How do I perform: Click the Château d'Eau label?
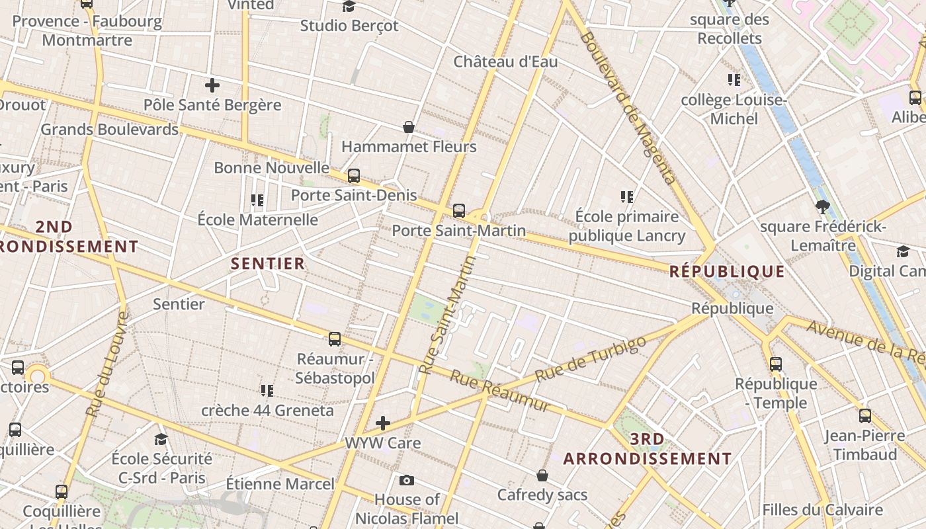505,62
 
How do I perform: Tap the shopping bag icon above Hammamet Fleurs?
409,127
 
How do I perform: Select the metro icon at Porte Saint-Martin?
459,211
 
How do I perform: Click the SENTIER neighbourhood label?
268,263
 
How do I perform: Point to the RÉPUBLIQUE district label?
727,271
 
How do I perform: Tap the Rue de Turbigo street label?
590,358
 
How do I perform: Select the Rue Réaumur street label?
500,391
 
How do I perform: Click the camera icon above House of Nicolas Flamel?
407,480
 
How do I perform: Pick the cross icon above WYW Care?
383,423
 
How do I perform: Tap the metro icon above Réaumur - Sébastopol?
335,339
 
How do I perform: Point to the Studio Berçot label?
349,26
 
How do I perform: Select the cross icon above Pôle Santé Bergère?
212,85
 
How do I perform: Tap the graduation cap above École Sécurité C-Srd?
161,439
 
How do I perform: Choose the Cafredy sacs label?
542,495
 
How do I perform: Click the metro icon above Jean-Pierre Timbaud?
864,416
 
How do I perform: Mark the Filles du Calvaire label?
822,510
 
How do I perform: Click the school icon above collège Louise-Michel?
734,80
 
